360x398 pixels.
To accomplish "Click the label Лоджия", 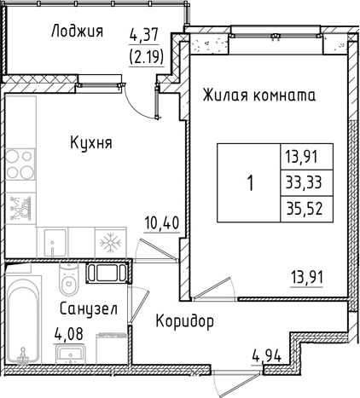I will [78, 32].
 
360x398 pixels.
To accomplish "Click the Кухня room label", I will [92, 142].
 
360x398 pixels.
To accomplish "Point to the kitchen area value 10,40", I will [160, 224].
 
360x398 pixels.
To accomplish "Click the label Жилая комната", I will [259, 95].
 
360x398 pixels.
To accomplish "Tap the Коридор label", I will [184, 322].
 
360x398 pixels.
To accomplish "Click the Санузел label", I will [89, 308].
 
